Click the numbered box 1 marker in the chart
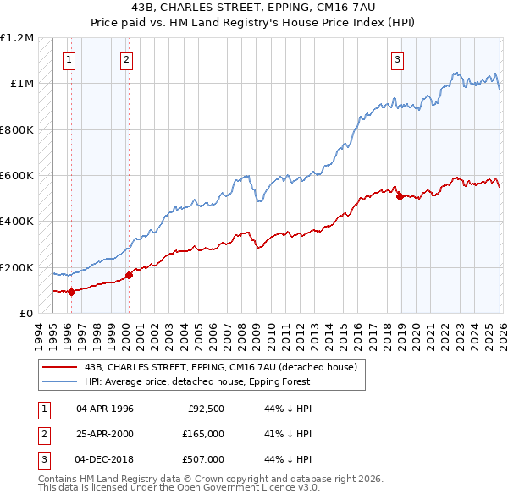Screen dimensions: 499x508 tap(69, 59)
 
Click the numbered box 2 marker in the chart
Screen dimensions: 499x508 tap(126, 59)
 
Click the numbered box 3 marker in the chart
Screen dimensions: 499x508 tap(397, 59)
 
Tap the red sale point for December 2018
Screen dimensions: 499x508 tap(400, 197)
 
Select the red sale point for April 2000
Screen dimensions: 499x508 tap(130, 275)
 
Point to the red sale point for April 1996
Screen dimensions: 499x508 tap(71, 292)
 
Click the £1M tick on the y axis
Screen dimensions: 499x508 tap(21, 84)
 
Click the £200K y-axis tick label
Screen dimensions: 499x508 tap(17, 267)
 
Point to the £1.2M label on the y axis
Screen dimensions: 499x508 tap(17, 38)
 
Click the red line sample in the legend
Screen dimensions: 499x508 tap(61, 367)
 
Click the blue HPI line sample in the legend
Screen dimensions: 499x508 tap(61, 381)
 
